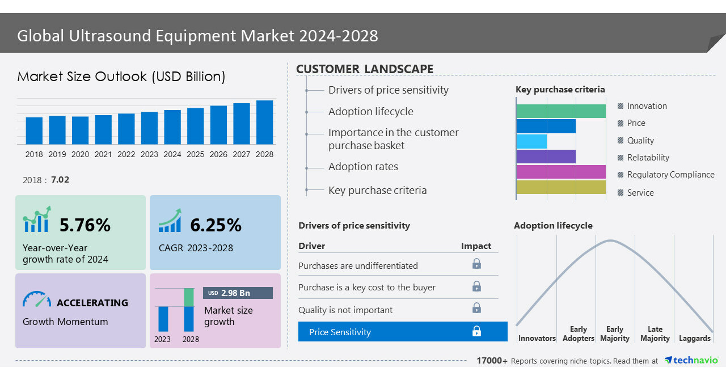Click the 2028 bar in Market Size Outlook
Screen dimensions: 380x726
pos(264,122)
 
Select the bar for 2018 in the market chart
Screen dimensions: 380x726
pos(34,130)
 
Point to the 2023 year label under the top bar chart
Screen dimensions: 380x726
pos(149,154)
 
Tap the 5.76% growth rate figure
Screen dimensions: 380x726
pos(85,225)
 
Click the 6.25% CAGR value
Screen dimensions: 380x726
pos(216,225)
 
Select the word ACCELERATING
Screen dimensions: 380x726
pos(92,303)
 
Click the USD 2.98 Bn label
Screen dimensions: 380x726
pos(238,293)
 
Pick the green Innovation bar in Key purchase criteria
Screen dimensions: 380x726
pos(561,111)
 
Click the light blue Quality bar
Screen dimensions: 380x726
pos(531,141)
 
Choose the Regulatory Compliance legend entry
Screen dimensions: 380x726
pos(670,175)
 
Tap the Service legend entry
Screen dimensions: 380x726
pos(640,193)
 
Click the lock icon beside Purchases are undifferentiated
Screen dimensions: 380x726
pos(476,264)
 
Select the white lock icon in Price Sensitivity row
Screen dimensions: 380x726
pos(476,331)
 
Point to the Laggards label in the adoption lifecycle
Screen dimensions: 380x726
pos(694,339)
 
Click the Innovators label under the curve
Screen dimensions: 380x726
pos(537,339)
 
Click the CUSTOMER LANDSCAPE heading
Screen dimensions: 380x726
pos(365,69)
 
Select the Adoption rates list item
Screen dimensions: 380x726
pos(363,167)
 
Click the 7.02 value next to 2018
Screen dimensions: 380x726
pos(60,180)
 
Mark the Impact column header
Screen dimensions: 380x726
pos(476,246)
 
